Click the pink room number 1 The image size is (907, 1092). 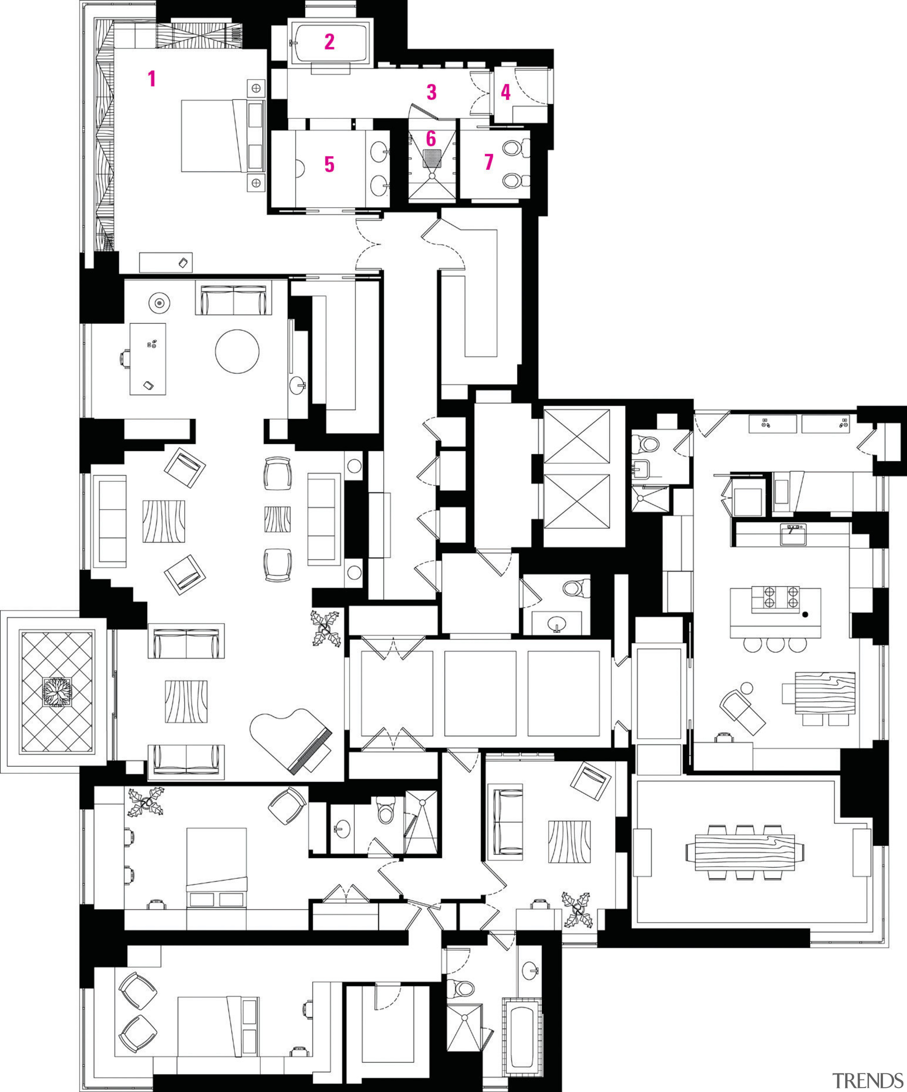coord(152,79)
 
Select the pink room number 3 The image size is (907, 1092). coord(432,93)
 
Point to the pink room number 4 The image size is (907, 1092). coord(505,93)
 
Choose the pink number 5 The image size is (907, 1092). coord(329,164)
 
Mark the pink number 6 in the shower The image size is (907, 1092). coord(431,139)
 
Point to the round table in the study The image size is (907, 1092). coord(237,351)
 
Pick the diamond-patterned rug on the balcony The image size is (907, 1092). coord(56,692)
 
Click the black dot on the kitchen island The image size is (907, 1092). coord(805,615)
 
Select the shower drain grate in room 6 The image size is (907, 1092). coord(432,157)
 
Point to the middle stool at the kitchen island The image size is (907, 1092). coord(774,645)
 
